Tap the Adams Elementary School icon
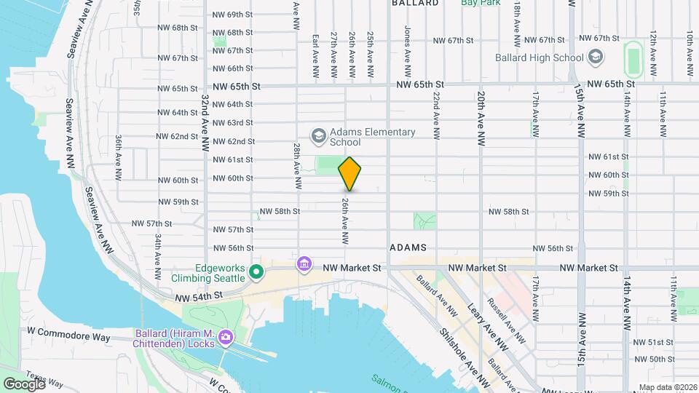pyautogui.click(x=317, y=135)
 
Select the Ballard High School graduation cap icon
pyautogui.click(x=596, y=57)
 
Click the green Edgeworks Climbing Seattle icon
pyautogui.click(x=256, y=273)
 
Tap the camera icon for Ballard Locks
pyautogui.click(x=226, y=336)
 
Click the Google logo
pyautogui.click(x=23, y=384)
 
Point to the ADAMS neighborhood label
pyautogui.click(x=408, y=248)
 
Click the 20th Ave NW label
pyautogui.click(x=481, y=118)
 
